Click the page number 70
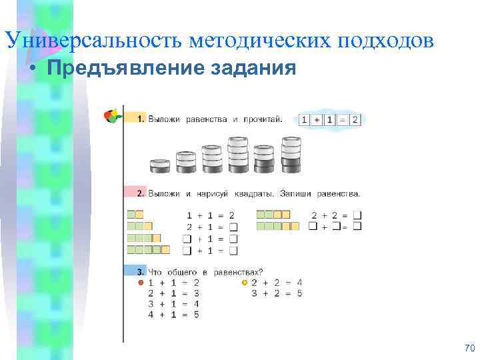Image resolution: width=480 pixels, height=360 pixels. [x=468, y=348]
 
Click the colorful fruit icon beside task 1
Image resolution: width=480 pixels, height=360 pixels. [x=112, y=115]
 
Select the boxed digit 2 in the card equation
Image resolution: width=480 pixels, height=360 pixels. [x=354, y=119]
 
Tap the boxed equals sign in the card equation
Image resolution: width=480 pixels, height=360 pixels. [x=342, y=119]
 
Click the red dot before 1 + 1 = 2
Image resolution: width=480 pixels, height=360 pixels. [x=141, y=283]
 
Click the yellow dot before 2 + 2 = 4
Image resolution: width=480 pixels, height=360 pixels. [x=245, y=283]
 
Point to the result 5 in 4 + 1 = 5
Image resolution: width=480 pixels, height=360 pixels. [x=195, y=315]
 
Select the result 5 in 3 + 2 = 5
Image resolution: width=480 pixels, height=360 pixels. [x=299, y=293]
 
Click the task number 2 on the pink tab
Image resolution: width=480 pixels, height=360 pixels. [x=141, y=193]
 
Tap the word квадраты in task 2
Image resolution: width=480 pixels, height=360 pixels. [x=253, y=193]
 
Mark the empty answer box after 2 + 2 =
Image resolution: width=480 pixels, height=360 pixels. [x=357, y=215]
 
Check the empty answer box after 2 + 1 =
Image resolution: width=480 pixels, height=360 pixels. [x=233, y=227]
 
